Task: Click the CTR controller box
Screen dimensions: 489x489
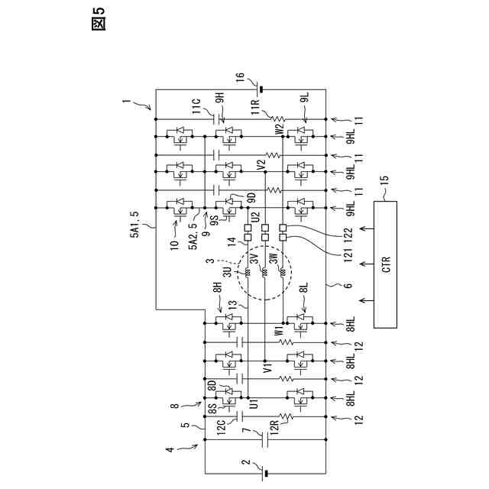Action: tap(385, 264)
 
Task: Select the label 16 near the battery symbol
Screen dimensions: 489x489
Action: tap(240, 78)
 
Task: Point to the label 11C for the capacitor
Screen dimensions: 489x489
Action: tap(196, 107)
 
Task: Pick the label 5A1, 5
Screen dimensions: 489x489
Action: tap(135, 225)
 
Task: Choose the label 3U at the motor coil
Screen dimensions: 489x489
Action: tap(228, 272)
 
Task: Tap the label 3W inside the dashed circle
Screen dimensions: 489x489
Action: tap(273, 258)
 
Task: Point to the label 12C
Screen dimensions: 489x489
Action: tap(221, 427)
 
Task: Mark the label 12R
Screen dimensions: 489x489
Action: tap(274, 426)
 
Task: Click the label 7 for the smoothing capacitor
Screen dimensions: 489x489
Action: tap(246, 431)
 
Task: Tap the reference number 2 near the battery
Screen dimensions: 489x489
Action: tap(246, 461)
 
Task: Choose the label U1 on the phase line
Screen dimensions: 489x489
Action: tap(254, 404)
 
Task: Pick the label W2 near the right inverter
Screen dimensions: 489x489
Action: tap(279, 129)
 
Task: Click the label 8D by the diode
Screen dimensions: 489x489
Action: tap(212, 385)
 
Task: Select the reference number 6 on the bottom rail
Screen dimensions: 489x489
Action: tap(348, 285)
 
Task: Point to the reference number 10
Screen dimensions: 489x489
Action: tap(175, 244)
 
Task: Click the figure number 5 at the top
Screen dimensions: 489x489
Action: tap(99, 12)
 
